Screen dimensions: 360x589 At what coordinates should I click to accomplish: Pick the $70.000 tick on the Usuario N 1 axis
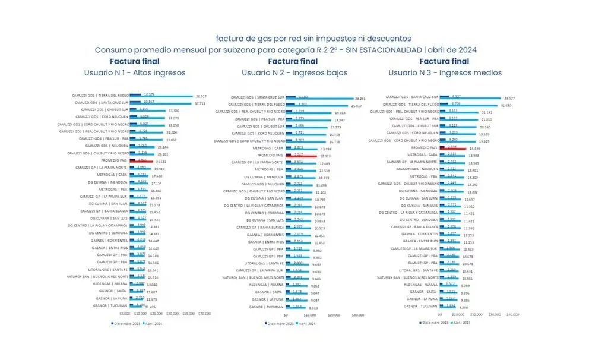pyautogui.click(x=204, y=313)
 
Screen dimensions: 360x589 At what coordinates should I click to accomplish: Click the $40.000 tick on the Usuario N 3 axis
pyautogui.click(x=513, y=313)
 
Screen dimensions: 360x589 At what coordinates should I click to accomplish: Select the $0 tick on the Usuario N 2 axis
pyautogui.click(x=286, y=315)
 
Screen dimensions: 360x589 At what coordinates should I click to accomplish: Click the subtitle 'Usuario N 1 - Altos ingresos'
pyautogui.click(x=135, y=73)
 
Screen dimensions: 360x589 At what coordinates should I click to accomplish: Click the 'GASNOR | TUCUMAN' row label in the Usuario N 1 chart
pyautogui.click(x=110, y=305)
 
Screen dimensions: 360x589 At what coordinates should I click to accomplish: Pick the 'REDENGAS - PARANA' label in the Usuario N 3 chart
pyautogui.click(x=421, y=285)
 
